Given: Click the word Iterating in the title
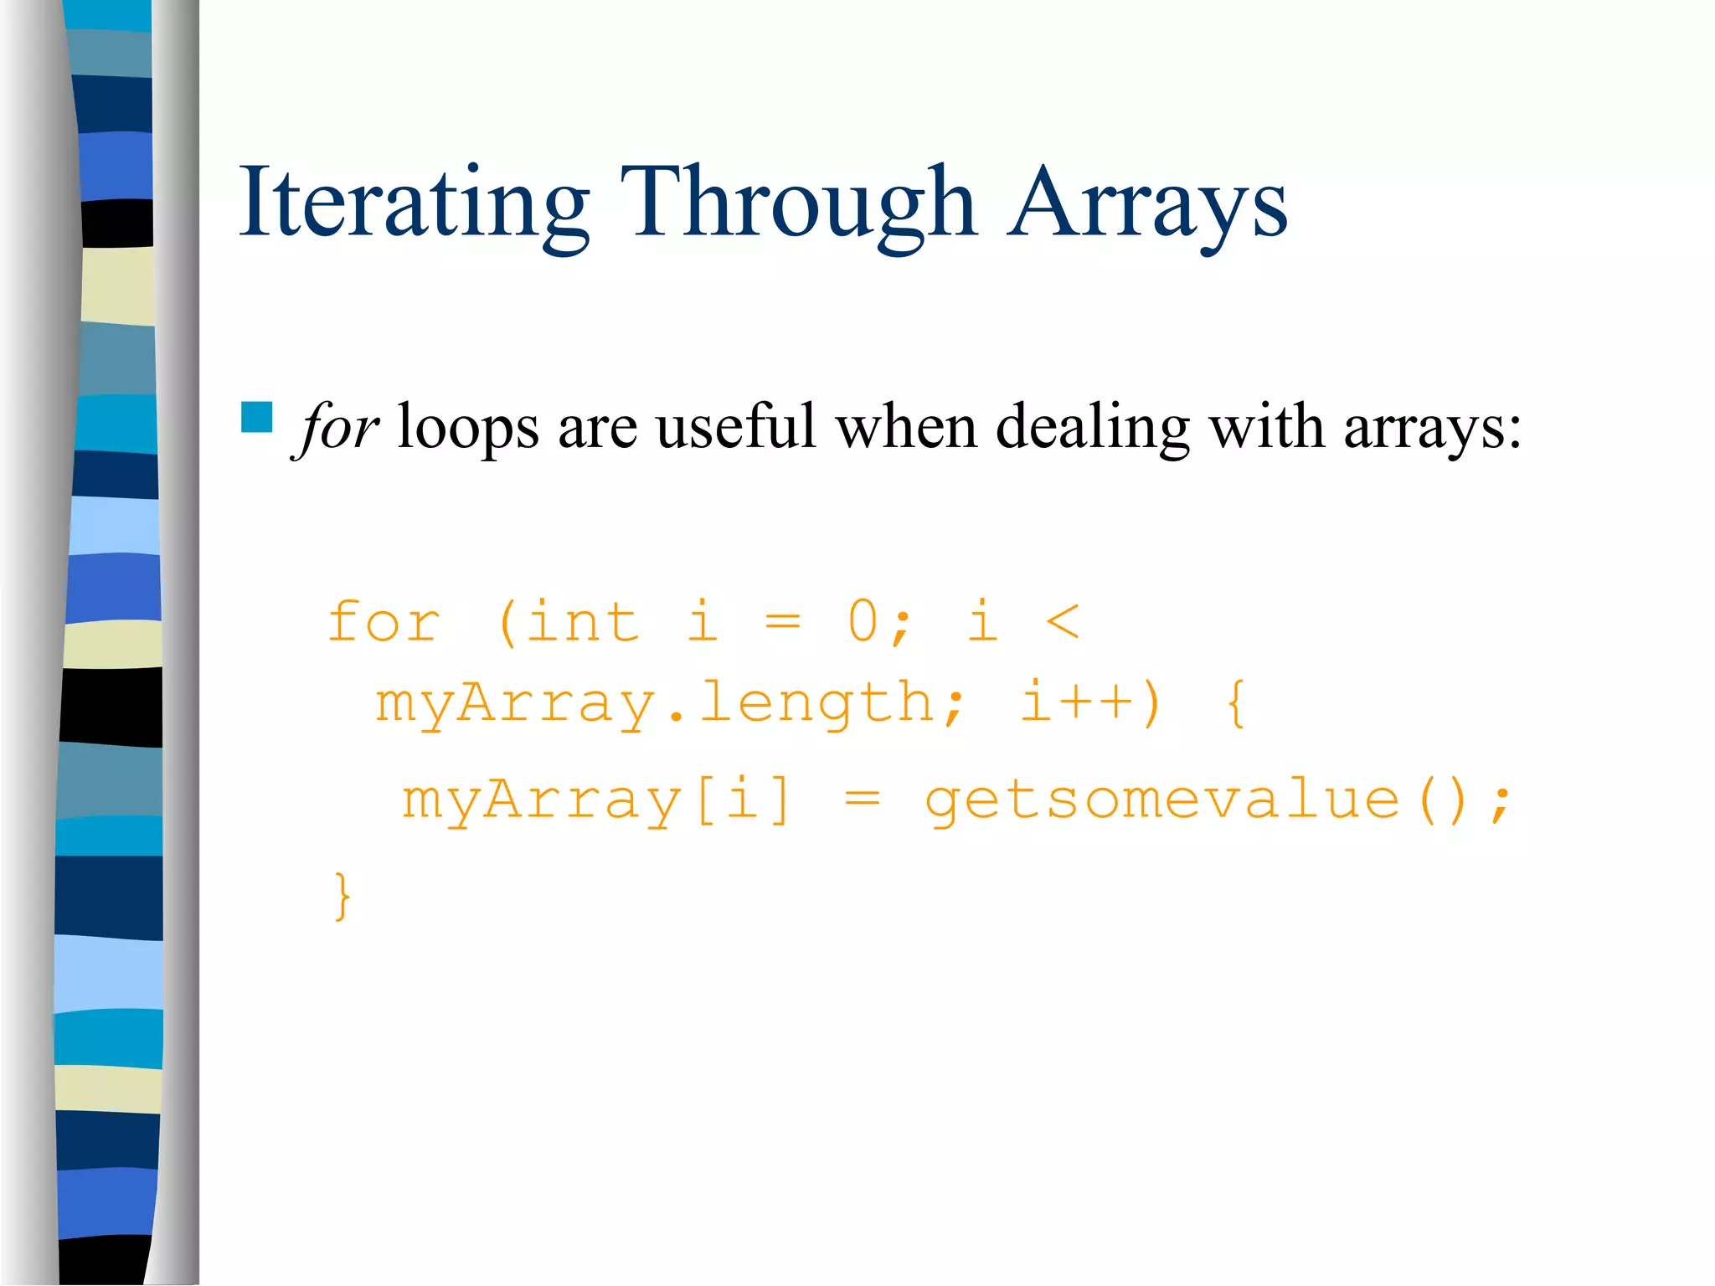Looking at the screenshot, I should tap(415, 203).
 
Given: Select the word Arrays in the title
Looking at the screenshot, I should tap(1146, 203).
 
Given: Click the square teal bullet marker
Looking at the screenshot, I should tap(256, 417).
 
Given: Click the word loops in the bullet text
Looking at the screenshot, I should tap(467, 427).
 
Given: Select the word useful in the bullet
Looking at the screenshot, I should tap(735, 427).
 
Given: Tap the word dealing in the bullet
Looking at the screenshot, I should tap(1092, 427).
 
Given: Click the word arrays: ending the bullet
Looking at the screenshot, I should tap(1432, 427).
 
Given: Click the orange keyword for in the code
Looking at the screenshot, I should tap(384, 622).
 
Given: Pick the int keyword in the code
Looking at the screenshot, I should tap(582, 622).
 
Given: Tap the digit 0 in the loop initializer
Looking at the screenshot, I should tap(863, 622).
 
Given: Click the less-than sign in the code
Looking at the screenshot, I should tap(1063, 622).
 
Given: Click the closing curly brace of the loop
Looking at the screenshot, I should tap(342, 896).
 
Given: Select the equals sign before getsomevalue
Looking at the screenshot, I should tap(862, 800).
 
